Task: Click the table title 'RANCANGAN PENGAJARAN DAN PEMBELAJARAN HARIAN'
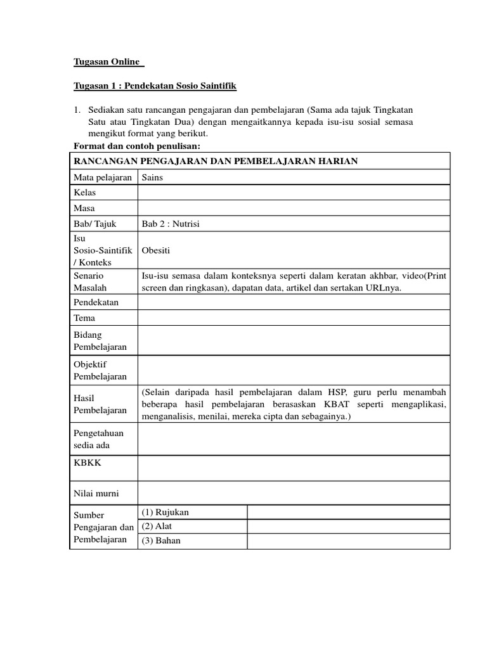[x=216, y=161]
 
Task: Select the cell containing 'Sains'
[x=153, y=177]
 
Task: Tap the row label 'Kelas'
[x=85, y=193]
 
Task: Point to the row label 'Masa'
[x=84, y=209]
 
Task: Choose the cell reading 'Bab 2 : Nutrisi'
[x=171, y=224]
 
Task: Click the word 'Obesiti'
[x=156, y=250]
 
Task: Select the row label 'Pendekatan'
[x=96, y=302]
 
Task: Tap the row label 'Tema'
[x=85, y=318]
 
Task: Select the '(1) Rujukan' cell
[x=166, y=512]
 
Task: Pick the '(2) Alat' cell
[x=157, y=526]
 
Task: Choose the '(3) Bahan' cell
[x=161, y=541]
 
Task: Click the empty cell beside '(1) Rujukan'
[x=348, y=512]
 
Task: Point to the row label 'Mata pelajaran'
[x=103, y=177]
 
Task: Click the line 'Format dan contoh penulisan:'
[x=133, y=146]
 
